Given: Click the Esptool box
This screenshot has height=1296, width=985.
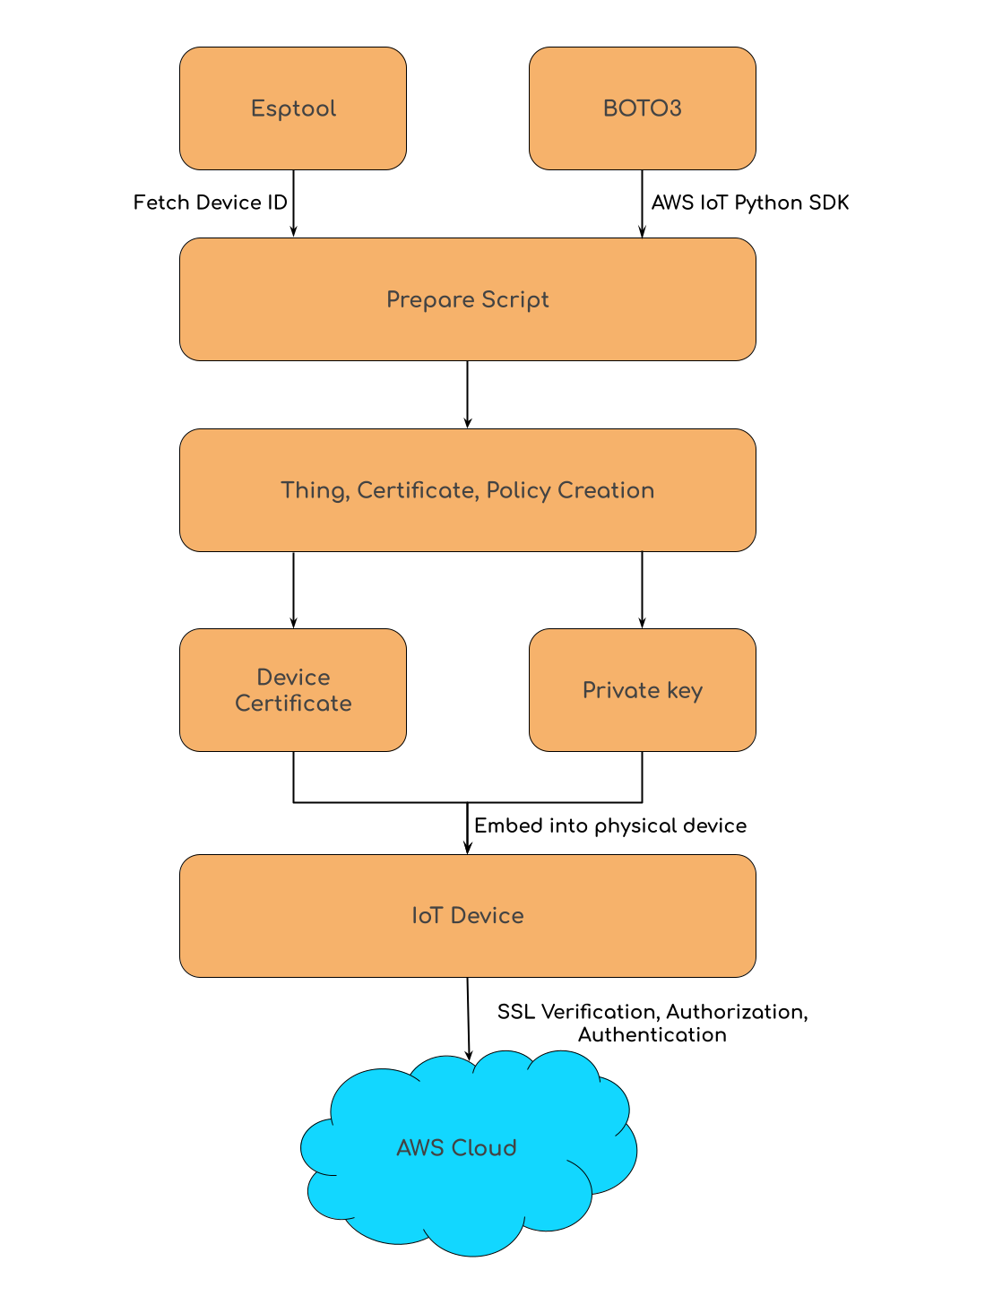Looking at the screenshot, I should coord(293,108).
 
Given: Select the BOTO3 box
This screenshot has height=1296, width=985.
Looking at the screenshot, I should coord(642,108).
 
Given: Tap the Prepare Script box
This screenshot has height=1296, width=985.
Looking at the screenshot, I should coord(467,299).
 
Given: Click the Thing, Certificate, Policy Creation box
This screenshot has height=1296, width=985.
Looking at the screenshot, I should coord(467,490).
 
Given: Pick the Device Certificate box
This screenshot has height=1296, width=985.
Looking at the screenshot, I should coord(293,690).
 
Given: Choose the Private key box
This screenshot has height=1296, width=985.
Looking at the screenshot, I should coord(642,690).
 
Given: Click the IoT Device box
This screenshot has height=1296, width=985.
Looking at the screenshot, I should coord(467,915).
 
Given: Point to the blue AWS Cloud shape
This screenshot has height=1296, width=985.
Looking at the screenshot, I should coord(456,1148).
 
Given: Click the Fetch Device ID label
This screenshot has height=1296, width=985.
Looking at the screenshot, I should coord(210,203).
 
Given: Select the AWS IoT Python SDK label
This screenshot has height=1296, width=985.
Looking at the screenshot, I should coord(749,203).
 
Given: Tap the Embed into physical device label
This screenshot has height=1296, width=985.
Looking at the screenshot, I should coord(609,825).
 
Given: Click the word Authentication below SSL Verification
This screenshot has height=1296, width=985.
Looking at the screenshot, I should coord(652,1035).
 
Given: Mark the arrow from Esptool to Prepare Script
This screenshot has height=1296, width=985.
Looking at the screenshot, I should coord(293,204).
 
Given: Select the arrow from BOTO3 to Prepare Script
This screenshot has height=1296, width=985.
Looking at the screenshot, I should coord(642,204).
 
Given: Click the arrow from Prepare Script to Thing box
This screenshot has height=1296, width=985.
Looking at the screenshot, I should coord(467,394).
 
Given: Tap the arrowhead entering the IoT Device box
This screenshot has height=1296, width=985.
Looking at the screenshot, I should coord(467,847).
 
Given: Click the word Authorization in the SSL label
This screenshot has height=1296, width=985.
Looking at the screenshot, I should coord(735,1012).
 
